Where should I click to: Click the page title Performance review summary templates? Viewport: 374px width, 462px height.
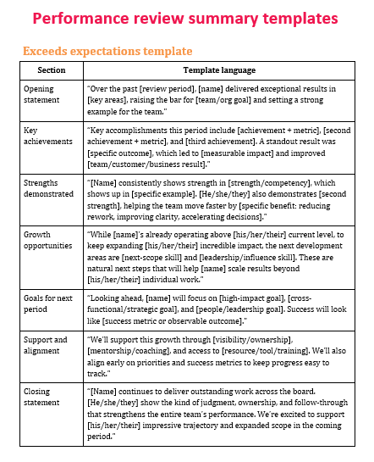pos(186,18)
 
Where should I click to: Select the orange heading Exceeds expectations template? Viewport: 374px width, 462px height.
pos(107,52)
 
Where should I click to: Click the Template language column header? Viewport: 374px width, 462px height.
pos(218,71)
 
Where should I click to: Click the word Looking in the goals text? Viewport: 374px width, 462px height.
pos(108,299)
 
